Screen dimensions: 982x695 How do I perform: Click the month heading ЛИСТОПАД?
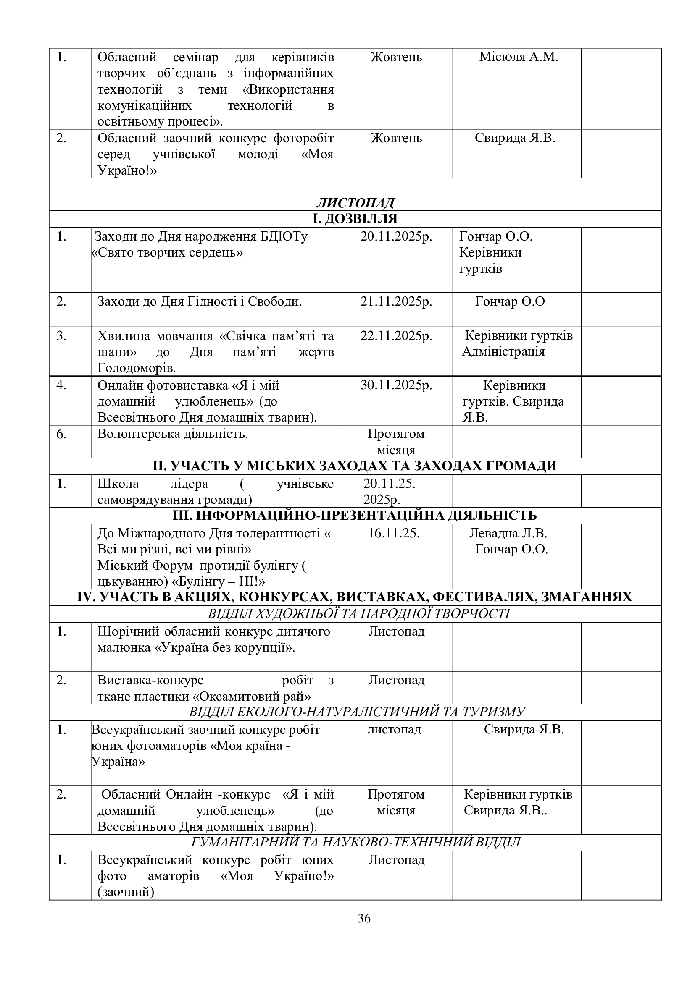[x=355, y=203]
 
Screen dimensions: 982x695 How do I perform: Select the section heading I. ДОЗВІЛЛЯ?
[x=355, y=219]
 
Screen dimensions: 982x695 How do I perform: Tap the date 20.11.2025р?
[x=396, y=236]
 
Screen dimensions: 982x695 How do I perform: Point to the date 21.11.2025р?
[x=396, y=302]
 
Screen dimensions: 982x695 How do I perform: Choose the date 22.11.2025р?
[x=396, y=336]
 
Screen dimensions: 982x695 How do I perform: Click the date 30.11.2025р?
[x=396, y=385]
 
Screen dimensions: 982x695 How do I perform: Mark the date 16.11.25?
[x=394, y=533]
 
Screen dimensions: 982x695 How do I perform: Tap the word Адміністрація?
[x=503, y=352]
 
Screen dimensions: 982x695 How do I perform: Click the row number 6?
[x=62, y=434]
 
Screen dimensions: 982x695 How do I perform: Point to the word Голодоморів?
[x=137, y=368]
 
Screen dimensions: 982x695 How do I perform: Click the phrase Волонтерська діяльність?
[x=173, y=434]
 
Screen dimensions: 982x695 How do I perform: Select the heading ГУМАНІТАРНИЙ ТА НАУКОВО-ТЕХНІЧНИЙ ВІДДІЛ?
[x=355, y=842]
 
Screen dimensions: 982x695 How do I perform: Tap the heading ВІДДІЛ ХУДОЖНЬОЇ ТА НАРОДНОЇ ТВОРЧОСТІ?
[x=358, y=614]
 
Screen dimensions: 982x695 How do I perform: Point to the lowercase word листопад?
[x=394, y=730]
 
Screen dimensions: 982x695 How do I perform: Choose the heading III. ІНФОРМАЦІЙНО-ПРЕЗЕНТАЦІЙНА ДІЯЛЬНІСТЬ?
[x=355, y=516]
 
